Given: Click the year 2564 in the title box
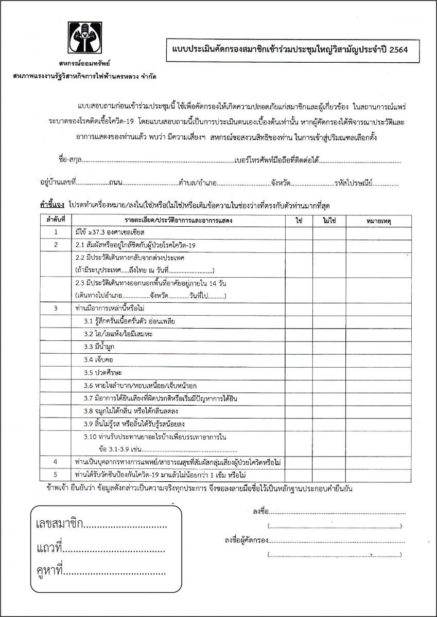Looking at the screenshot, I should [398, 50].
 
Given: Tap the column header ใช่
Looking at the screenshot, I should [299, 220].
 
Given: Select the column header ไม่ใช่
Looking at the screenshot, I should [329, 220].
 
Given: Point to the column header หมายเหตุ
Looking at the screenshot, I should [379, 220].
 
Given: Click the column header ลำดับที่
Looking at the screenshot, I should [56, 220].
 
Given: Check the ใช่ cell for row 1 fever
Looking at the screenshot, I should [299, 232].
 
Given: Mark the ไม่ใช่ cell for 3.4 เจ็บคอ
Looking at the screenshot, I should [329, 359].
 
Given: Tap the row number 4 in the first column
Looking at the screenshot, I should [55, 461].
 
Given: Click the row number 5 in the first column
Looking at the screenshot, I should [55, 473].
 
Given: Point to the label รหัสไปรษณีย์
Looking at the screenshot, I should [355, 183].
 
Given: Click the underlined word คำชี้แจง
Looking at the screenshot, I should [52, 205].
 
